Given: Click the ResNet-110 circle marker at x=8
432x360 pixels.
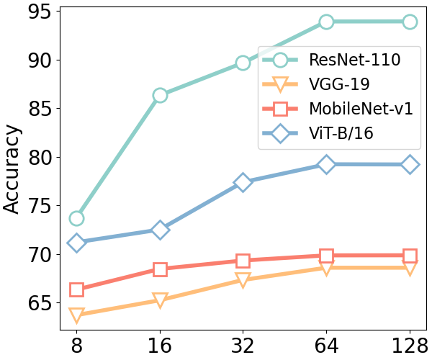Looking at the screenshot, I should click(76, 218).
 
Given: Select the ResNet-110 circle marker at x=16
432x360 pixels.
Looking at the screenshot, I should click(160, 95).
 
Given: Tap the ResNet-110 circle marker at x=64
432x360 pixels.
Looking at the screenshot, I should click(326, 22).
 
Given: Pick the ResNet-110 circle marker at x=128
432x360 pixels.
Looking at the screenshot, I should click(410, 22).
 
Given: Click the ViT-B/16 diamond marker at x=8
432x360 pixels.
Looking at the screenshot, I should click(76, 243).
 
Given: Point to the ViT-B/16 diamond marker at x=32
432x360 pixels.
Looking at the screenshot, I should click(243, 182).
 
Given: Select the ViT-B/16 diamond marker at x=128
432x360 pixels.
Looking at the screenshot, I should click(410, 165).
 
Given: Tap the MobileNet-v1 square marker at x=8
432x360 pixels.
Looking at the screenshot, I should click(76, 289).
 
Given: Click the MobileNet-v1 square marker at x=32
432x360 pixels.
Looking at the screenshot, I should click(243, 261).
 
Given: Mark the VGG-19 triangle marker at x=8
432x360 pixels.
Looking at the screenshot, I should click(76, 315).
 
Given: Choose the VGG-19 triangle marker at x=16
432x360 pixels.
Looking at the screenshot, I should click(160, 300).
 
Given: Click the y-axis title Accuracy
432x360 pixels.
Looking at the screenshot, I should click(12, 169).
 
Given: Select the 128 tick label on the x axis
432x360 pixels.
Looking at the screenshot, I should click(410, 346).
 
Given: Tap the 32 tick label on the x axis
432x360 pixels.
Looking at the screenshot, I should click(243, 346).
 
